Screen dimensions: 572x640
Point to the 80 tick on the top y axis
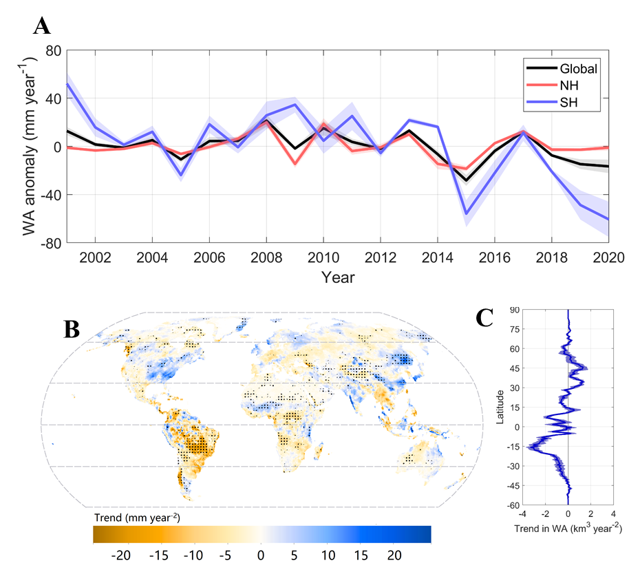(x=53, y=51)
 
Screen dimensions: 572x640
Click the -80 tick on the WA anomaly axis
(x=50, y=243)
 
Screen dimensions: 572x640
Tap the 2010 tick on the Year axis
(x=323, y=257)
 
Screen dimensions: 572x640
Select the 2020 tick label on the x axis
(x=608, y=257)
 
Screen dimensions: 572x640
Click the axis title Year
(x=337, y=277)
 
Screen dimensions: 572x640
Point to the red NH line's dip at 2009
(x=295, y=164)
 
